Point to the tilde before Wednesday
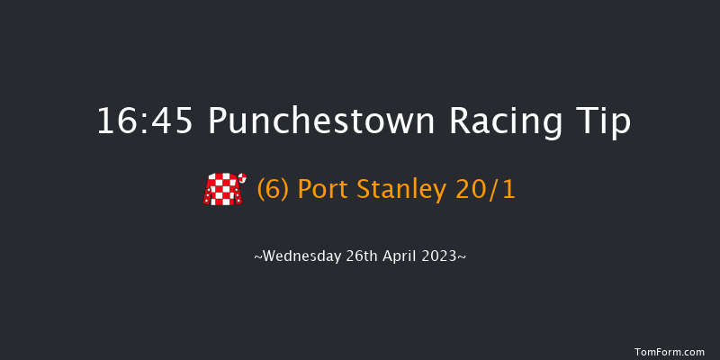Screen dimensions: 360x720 pyautogui.click(x=258, y=256)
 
